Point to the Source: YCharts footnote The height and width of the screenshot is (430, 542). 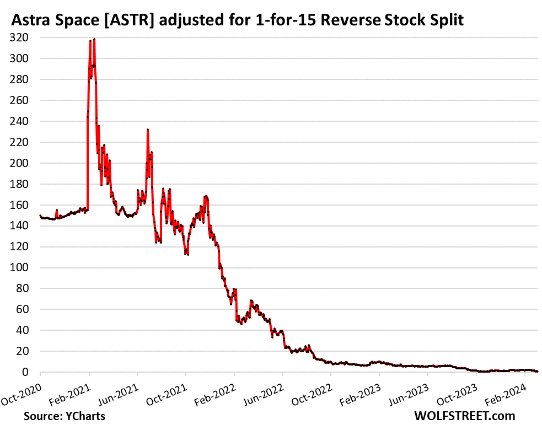65,416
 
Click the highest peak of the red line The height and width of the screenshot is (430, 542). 94,39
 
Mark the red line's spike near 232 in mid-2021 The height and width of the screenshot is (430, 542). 148,130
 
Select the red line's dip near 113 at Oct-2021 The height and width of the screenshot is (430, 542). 187,254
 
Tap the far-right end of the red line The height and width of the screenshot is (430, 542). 537,372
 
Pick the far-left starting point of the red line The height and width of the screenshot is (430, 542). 40,216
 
